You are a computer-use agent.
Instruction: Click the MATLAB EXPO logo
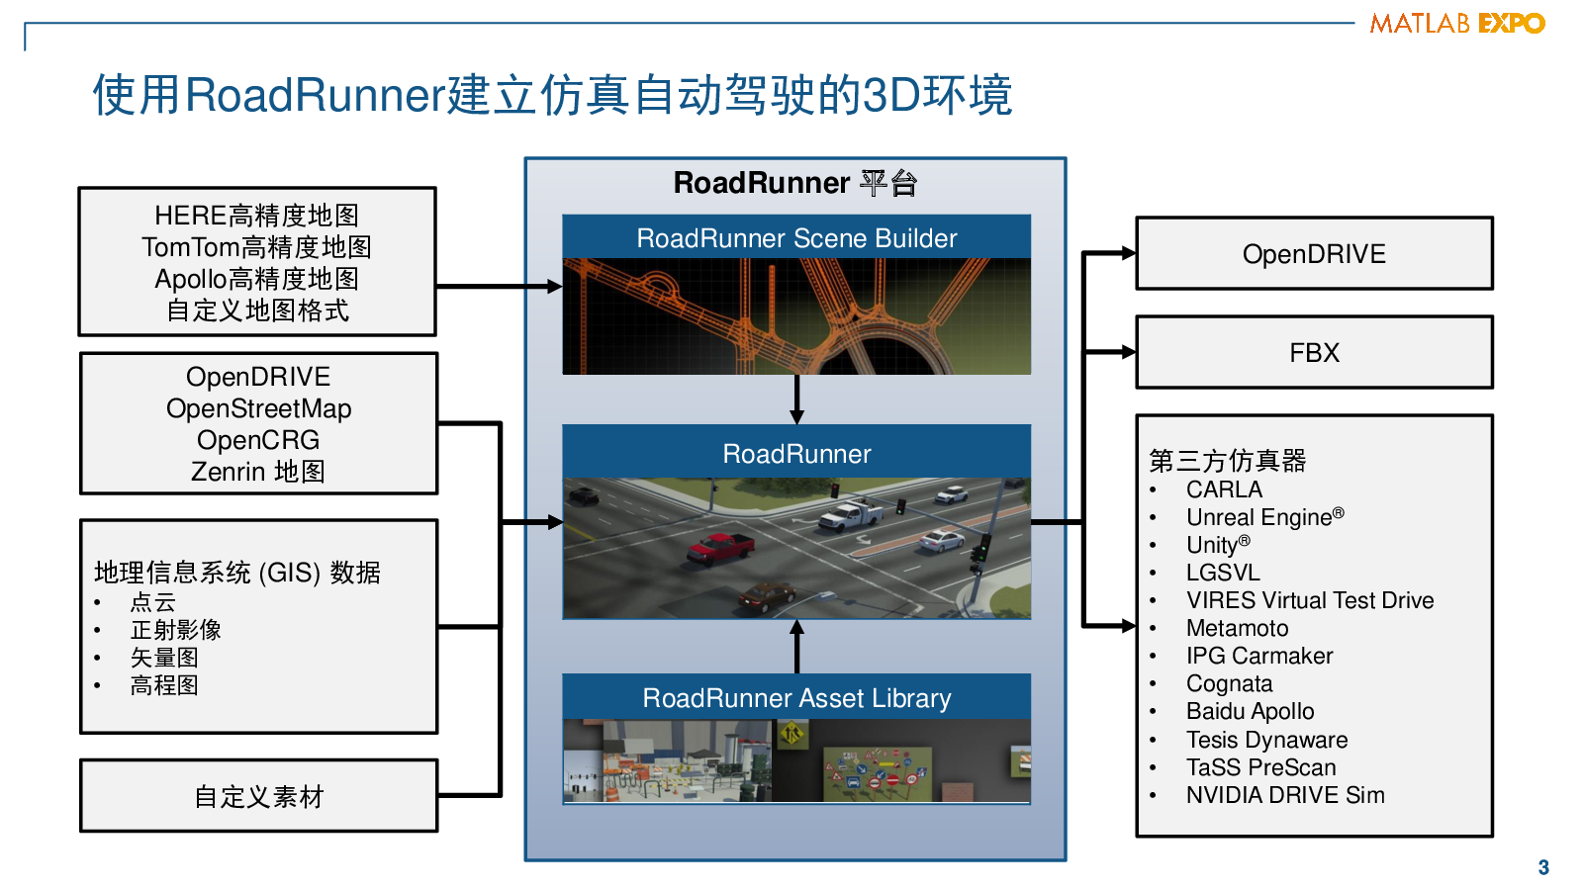[x=1456, y=23]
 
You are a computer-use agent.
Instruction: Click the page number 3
[x=1543, y=867]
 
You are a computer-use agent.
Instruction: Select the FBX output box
[x=1314, y=352]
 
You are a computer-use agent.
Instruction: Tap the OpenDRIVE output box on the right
[x=1314, y=253]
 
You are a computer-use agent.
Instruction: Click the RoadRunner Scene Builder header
[x=796, y=237]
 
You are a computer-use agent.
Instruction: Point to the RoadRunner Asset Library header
[x=796, y=697]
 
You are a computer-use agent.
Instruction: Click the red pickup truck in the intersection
[x=721, y=547]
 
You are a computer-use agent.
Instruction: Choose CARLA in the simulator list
[x=1224, y=489]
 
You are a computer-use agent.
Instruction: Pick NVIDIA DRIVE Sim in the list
[x=1284, y=795]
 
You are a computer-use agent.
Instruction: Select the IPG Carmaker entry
[x=1259, y=656]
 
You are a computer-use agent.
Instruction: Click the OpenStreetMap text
[x=258, y=408]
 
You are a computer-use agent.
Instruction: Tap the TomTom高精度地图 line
[x=256, y=247]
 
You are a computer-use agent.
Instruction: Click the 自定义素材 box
[x=258, y=796]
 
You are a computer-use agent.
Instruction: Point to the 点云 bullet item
[x=153, y=602]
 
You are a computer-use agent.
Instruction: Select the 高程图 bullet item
[x=164, y=685]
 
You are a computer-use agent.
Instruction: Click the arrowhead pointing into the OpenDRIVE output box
[x=1128, y=253]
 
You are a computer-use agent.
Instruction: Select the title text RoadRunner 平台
[x=795, y=183]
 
